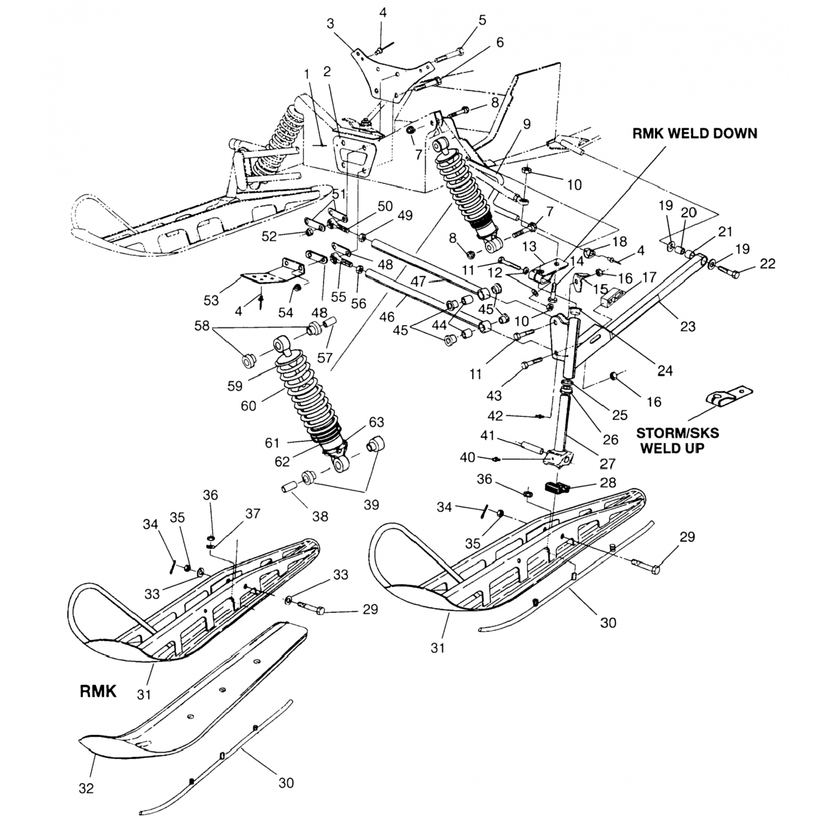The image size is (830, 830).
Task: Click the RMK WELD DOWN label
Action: (x=694, y=134)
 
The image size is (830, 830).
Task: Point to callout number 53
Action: (x=211, y=300)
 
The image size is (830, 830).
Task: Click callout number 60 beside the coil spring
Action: (x=248, y=405)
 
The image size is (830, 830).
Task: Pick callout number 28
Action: (x=608, y=483)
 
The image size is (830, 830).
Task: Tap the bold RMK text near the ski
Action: (x=98, y=691)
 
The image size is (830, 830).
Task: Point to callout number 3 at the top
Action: (x=330, y=24)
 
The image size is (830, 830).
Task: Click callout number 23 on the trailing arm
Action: (x=687, y=326)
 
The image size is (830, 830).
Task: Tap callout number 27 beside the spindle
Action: (x=607, y=463)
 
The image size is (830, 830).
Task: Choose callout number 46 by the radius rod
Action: (x=387, y=316)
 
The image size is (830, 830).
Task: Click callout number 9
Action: (x=526, y=124)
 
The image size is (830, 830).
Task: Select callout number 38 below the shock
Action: (x=320, y=516)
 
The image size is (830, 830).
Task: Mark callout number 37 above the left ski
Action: (x=253, y=514)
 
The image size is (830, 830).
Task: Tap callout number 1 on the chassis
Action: (x=307, y=73)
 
